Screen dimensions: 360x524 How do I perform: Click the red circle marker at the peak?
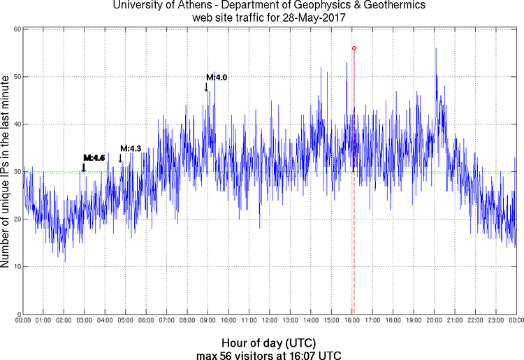[354, 48]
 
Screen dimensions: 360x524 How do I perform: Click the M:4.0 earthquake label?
[216, 77]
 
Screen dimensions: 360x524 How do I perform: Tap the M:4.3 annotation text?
[131, 148]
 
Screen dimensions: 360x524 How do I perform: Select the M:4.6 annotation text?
[94, 158]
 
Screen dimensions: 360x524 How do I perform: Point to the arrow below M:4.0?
[206, 87]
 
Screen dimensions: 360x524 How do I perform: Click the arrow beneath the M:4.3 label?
[120, 158]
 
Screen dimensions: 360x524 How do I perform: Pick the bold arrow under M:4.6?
[84, 167]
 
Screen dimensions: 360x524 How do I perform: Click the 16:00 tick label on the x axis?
[351, 321]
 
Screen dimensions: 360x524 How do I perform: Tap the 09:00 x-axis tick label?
[208, 321]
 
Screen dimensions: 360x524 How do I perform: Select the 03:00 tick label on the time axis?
[84, 321]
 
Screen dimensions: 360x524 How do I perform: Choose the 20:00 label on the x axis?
[434, 321]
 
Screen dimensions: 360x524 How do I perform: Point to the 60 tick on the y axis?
[15, 29]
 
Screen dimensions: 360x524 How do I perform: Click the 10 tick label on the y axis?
[15, 266]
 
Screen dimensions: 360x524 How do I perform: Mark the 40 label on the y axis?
[15, 124]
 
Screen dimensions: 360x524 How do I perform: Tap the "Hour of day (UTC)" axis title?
[268, 343]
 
